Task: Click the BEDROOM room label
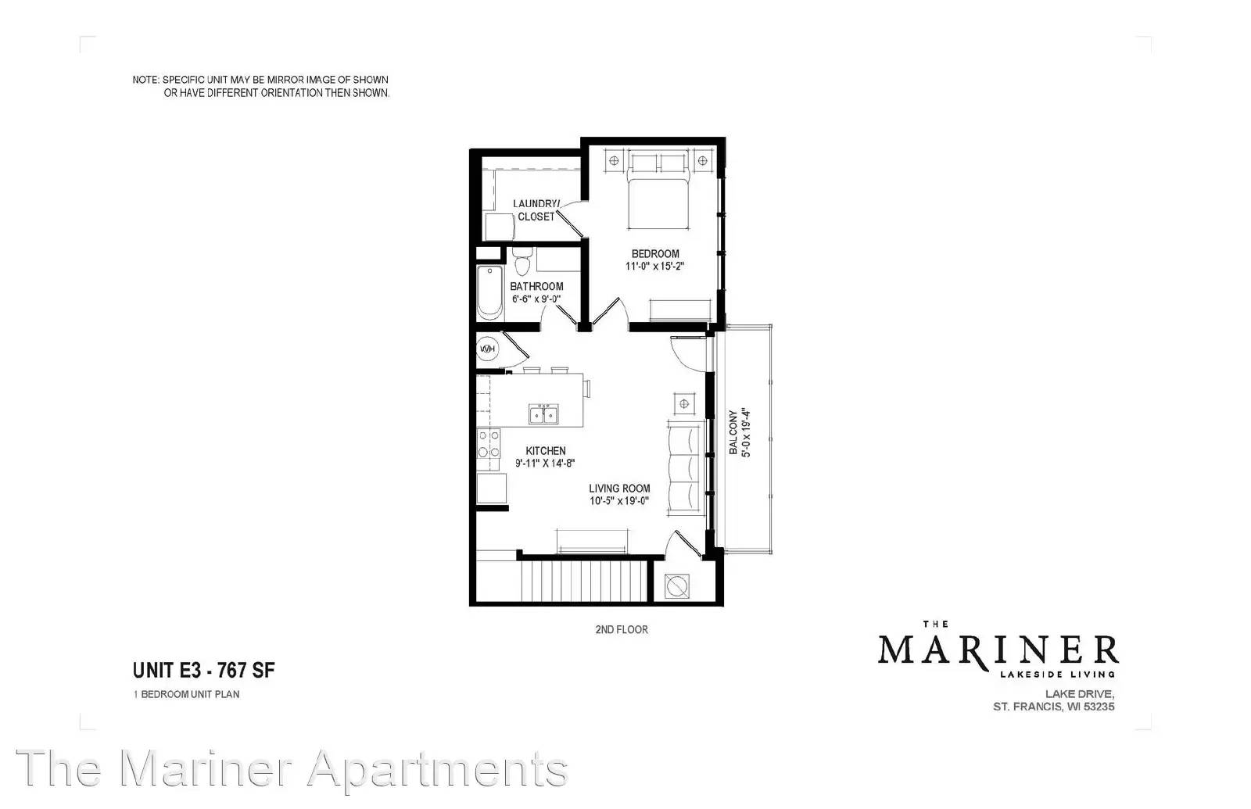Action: (655, 253)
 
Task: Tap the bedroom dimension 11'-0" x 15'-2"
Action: (654, 267)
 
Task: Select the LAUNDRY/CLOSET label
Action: (536, 210)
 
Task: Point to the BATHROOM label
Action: (536, 286)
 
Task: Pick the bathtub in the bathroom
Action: (489, 292)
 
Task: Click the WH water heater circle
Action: (487, 349)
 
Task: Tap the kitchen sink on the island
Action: (543, 414)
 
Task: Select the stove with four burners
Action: (488, 443)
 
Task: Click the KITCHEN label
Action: (546, 450)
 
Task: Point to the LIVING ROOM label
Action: (619, 489)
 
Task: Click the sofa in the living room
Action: (685, 468)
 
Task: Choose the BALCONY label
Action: (733, 433)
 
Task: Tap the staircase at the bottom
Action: (584, 581)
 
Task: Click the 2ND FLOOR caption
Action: (622, 630)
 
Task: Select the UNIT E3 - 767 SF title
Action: (204, 670)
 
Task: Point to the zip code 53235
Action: (1099, 707)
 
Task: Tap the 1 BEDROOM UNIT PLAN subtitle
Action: (186, 695)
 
